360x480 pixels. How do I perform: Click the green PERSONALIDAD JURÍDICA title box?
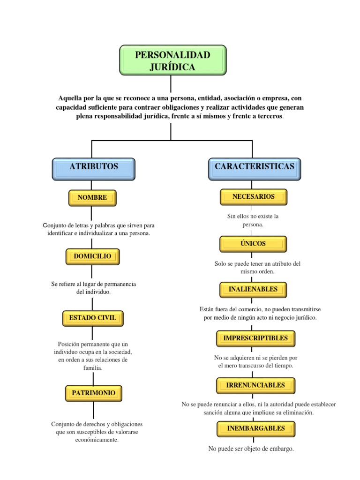point(172,60)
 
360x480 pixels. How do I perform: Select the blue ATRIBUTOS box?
point(93,169)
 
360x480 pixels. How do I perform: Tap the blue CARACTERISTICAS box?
point(254,169)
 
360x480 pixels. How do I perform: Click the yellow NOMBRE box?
point(92,198)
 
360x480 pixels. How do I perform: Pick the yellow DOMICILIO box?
point(92,256)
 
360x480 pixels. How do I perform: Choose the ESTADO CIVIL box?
point(92,318)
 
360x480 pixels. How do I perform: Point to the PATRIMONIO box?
point(94,393)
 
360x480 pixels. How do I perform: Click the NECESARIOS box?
point(253,197)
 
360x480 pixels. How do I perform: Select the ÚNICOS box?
point(253,244)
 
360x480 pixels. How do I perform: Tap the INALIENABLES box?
point(253,289)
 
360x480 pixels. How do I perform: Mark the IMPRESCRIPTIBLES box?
point(255,338)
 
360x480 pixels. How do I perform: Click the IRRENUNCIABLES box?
point(255,385)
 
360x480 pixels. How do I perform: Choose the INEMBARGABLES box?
point(255,428)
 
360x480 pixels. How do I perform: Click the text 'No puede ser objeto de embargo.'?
point(251,449)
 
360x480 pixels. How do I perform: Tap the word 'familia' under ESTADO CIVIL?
point(92,368)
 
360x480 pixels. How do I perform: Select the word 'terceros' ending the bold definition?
point(269,116)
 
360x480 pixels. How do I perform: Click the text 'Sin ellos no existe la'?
point(253,217)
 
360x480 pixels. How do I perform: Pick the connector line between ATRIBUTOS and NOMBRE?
point(92,185)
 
